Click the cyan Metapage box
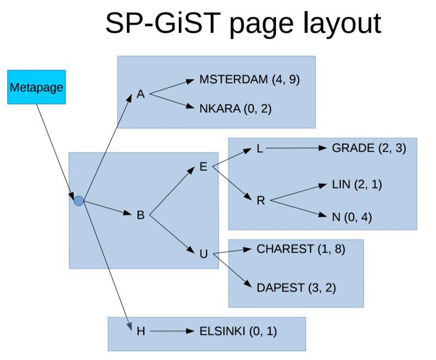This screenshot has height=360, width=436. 37,87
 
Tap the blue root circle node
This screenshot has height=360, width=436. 79,201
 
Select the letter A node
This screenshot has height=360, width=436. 141,94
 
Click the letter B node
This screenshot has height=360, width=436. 140,215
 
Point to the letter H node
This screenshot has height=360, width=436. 141,331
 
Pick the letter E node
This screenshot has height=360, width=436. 203,167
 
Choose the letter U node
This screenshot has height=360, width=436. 203,254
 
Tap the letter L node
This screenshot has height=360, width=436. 260,148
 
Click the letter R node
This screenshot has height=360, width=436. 261,200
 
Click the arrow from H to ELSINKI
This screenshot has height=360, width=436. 171,331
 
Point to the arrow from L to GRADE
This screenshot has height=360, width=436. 294,148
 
